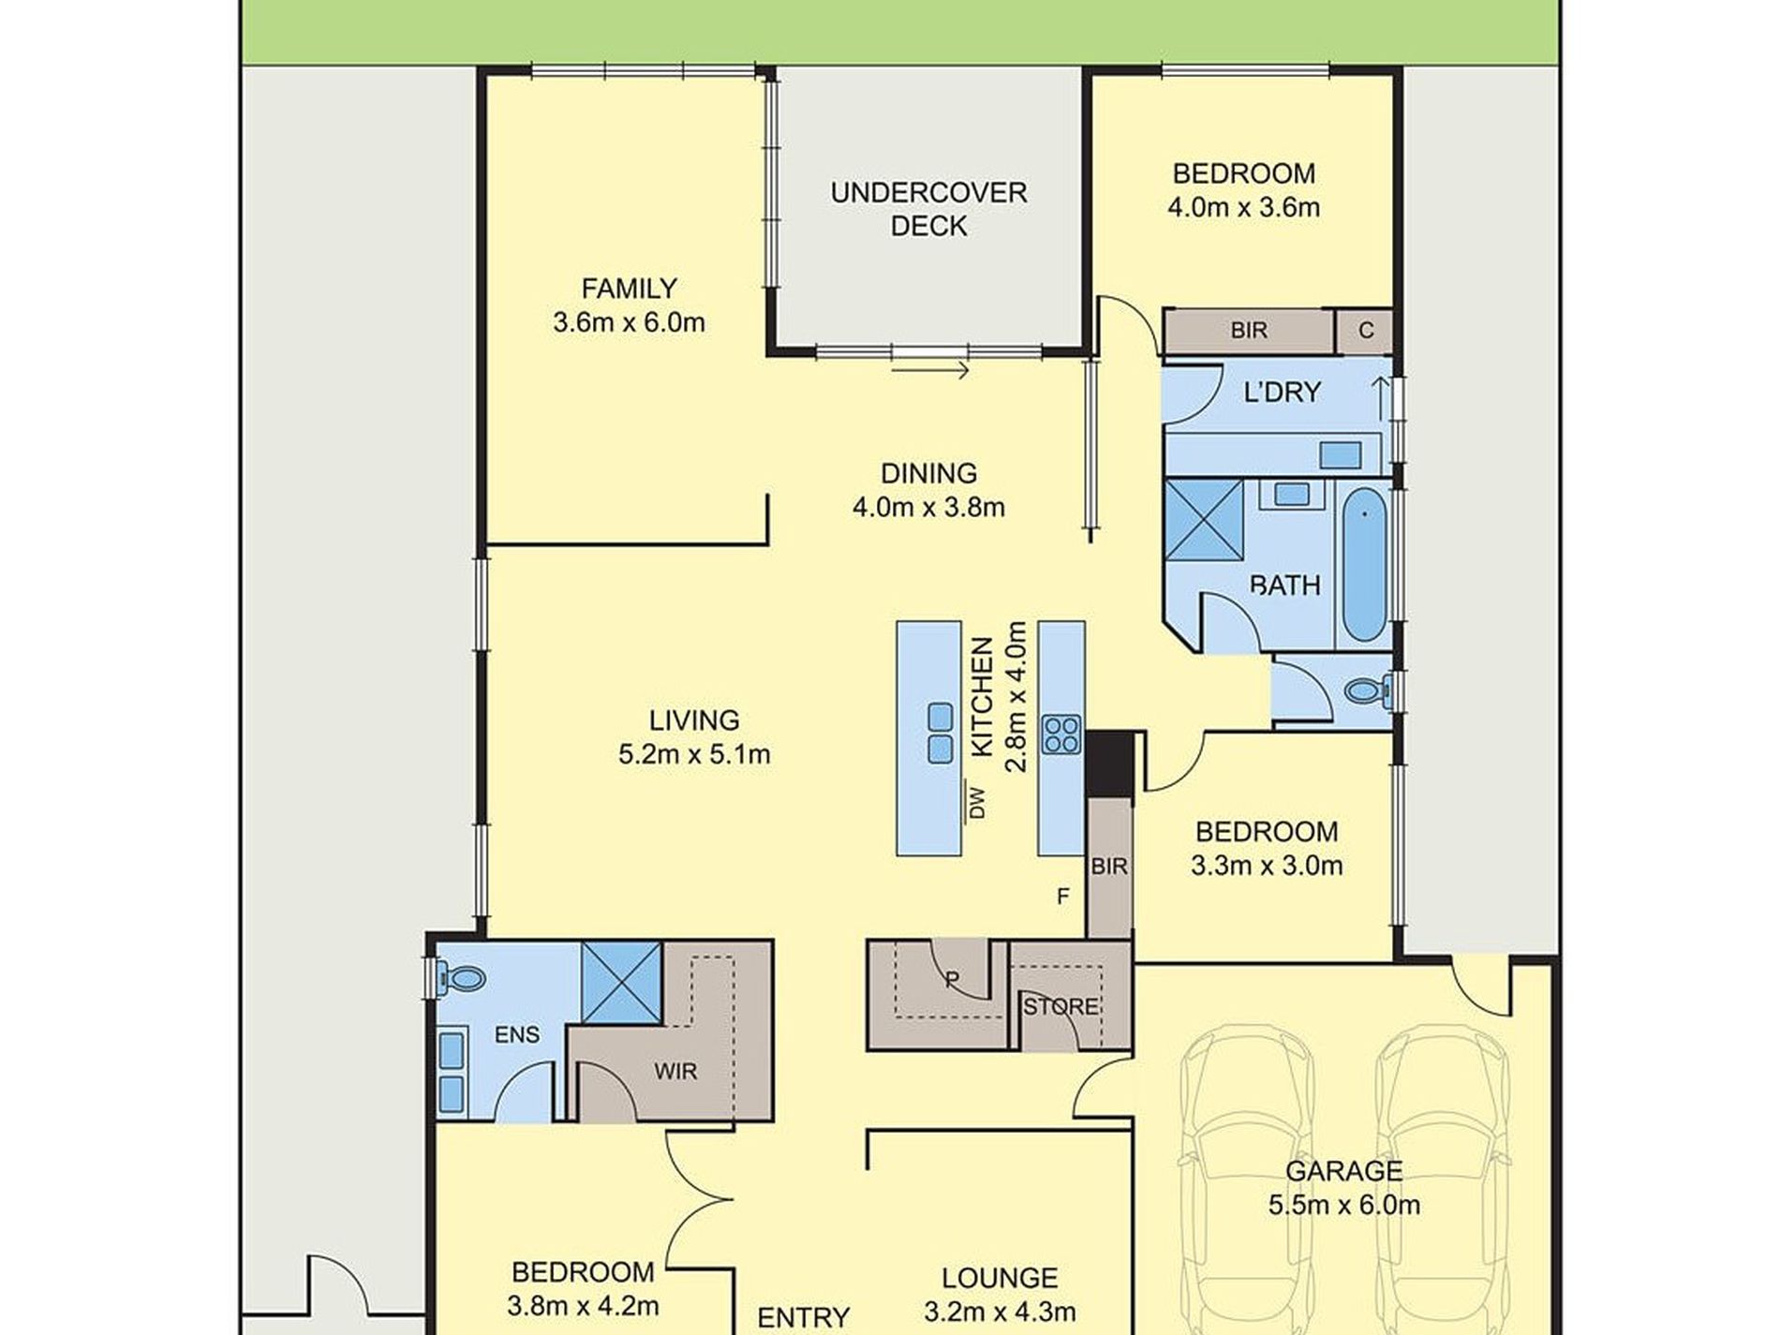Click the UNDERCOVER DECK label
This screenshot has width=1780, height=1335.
point(928,209)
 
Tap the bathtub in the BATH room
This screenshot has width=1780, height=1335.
point(1364,564)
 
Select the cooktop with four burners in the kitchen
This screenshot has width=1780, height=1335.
point(1061,734)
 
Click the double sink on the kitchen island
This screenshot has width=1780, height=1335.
point(940,734)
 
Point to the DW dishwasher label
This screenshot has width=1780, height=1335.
point(977,803)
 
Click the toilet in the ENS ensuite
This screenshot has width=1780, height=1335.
point(462,980)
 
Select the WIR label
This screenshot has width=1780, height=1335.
point(675,1071)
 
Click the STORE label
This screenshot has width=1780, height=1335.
point(1061,1007)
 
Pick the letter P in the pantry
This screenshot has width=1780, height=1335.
point(952,980)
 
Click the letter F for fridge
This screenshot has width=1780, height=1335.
point(1062,897)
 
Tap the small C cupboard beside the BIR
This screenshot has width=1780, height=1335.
point(1365,331)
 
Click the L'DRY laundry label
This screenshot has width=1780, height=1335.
point(1282,393)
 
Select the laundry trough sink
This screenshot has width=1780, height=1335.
point(1340,455)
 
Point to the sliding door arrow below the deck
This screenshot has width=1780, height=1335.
point(929,371)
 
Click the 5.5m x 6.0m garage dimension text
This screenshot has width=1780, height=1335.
point(1343,1205)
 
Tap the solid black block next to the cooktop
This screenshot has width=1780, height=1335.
point(1108,764)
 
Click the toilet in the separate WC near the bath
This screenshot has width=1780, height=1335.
point(1367,692)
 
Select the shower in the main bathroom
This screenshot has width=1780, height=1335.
point(1204,520)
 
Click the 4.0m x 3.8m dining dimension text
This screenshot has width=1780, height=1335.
point(928,508)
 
